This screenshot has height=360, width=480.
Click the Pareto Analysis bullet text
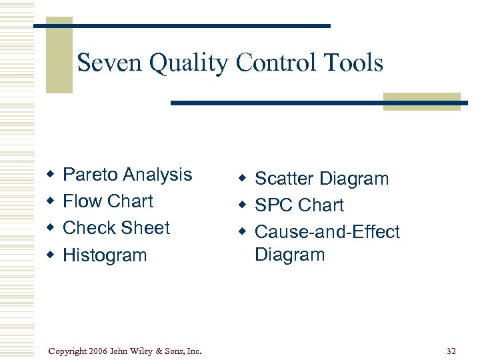(x=127, y=175)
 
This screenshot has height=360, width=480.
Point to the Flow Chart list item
(x=108, y=201)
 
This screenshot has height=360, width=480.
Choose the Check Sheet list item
(x=117, y=228)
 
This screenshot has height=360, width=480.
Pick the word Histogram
(x=105, y=255)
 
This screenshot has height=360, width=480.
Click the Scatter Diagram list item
(x=322, y=179)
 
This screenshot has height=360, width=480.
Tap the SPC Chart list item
(x=299, y=205)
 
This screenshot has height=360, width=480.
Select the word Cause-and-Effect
(x=327, y=232)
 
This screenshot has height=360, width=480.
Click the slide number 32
(x=451, y=350)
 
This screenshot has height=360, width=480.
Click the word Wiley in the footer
(x=144, y=351)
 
